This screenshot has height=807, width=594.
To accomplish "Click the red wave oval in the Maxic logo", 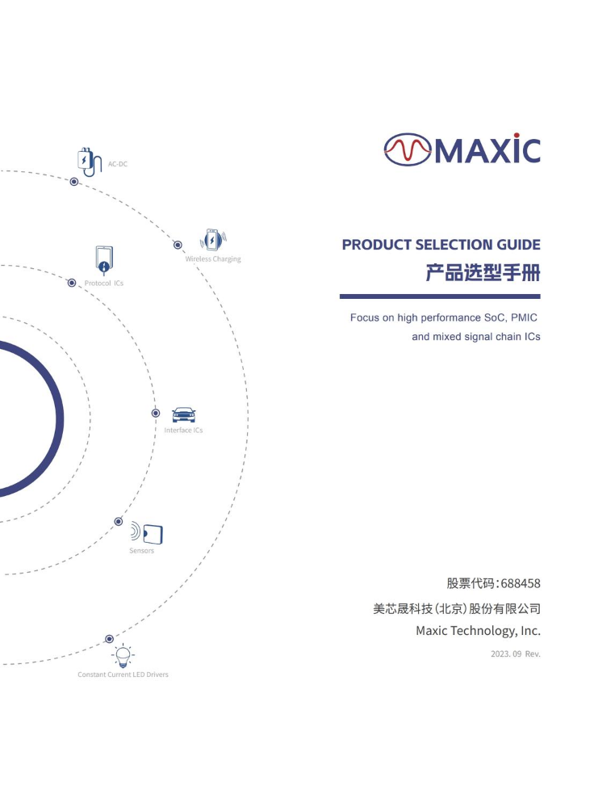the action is [408, 149].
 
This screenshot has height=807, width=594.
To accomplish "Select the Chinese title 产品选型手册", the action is [483, 273].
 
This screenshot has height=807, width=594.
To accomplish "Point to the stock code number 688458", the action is [521, 583].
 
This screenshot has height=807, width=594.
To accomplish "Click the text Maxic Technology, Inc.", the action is [479, 631].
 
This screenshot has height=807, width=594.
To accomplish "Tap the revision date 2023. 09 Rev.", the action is [516, 654].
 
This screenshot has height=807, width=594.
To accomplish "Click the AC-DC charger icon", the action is [89, 162].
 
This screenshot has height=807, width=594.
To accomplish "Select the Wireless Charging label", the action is [213, 258].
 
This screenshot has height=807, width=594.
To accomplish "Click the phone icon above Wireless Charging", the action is [213, 240].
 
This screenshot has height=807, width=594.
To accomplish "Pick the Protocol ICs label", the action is [104, 283].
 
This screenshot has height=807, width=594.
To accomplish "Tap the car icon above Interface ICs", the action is [183, 415].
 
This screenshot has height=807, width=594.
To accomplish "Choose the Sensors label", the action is [141, 551].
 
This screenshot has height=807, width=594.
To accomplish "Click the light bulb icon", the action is [123, 656].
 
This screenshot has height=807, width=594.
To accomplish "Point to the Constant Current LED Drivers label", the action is [123, 675].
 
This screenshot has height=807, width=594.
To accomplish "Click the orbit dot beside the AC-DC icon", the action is [74, 182].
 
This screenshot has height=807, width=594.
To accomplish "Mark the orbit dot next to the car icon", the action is [156, 413].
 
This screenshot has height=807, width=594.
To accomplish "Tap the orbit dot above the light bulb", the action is [110, 639].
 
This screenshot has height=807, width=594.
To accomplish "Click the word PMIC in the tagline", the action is [524, 317].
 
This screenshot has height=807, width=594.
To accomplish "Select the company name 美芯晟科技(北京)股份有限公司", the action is [457, 609].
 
